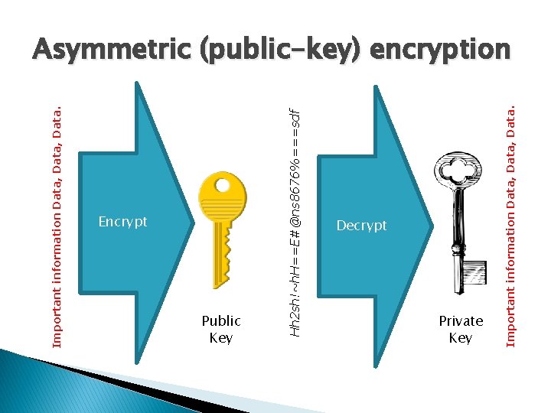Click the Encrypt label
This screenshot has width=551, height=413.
point(122,223)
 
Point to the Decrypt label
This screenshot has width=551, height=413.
point(362,226)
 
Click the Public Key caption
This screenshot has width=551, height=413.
point(221,329)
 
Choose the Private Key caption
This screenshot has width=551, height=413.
point(461,329)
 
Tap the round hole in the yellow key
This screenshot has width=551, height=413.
point(223,186)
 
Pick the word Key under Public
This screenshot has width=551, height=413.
point(221,337)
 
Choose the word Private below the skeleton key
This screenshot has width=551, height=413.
point(461,320)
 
